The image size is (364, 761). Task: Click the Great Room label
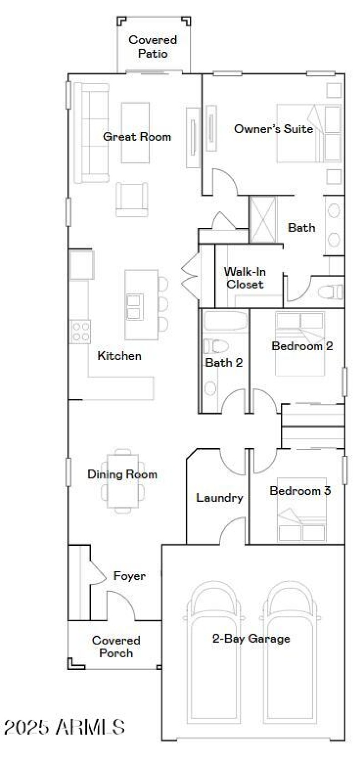click(137, 137)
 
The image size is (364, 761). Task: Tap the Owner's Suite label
click(273, 129)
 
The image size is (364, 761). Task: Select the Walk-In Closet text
click(245, 278)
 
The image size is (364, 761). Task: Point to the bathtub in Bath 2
click(224, 321)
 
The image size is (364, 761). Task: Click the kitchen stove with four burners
click(80, 331)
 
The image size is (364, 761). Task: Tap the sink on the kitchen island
click(135, 307)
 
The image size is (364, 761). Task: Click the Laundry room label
click(219, 498)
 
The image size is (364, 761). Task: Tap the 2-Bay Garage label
click(251, 639)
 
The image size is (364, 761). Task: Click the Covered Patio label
click(153, 46)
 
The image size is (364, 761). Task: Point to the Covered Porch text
click(116, 647)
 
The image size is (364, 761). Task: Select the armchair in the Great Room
click(132, 199)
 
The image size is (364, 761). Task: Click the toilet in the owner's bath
click(331, 292)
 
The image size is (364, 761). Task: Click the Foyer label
click(130, 576)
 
